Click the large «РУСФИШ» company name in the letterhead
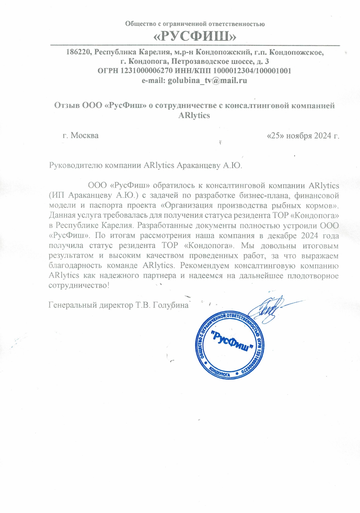coord(195,37)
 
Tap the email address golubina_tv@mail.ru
coord(207,81)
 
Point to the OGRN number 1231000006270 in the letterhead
coord(146,71)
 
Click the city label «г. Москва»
coord(80,136)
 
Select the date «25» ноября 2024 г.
coord(303,136)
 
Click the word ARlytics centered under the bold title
coord(194,116)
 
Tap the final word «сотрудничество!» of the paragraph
coord(79,285)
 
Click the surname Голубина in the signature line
coord(171,305)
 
